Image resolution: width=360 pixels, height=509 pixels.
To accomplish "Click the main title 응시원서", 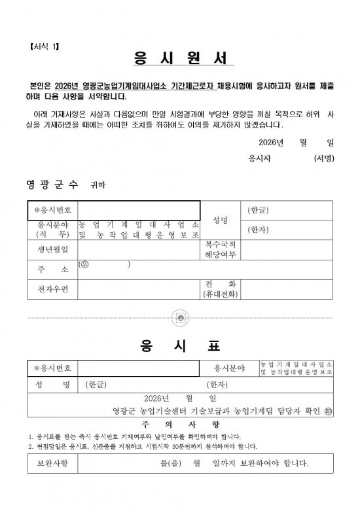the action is coord(179,58).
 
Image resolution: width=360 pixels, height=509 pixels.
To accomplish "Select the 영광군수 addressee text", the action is coord(52,184).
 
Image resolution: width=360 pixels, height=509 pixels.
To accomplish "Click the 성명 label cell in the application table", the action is coord(220,220).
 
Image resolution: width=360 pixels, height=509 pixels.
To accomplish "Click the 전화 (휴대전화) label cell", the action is coord(221,289).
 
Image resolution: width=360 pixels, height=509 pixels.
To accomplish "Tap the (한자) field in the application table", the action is coord(258,230).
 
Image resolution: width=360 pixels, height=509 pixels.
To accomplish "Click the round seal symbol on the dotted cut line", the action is coord(180,318).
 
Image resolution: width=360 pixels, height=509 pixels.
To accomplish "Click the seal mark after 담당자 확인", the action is coord(329,411).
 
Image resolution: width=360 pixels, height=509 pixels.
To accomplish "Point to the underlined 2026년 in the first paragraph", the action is coord(67,86).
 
